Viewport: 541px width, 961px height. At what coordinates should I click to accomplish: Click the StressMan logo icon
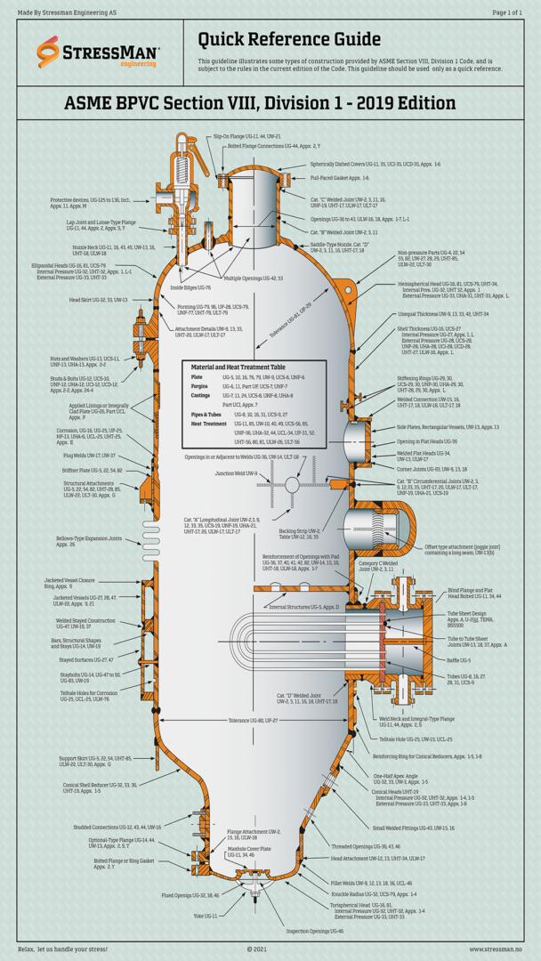pyautogui.click(x=47, y=53)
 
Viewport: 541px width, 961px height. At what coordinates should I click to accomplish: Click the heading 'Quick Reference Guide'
pyautogui.click(x=289, y=40)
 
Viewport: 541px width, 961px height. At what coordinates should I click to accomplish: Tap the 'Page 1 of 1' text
pyautogui.click(x=507, y=12)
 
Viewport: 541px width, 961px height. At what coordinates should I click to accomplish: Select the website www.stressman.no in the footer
pyautogui.click(x=496, y=949)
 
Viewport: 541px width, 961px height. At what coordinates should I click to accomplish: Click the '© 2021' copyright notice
pyautogui.click(x=256, y=949)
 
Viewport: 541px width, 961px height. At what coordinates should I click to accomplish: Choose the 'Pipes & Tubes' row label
pyautogui.click(x=206, y=415)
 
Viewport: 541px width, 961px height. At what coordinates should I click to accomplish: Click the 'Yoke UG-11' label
pyautogui.click(x=205, y=916)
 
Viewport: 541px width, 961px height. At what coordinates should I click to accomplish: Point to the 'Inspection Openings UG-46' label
pyautogui.click(x=314, y=931)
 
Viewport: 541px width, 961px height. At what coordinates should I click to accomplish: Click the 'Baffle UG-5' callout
pyautogui.click(x=459, y=660)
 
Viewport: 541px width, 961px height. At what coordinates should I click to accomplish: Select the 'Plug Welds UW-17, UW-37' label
pyautogui.click(x=89, y=455)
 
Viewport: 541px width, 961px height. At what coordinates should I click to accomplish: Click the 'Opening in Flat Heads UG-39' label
pyautogui.click(x=427, y=441)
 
